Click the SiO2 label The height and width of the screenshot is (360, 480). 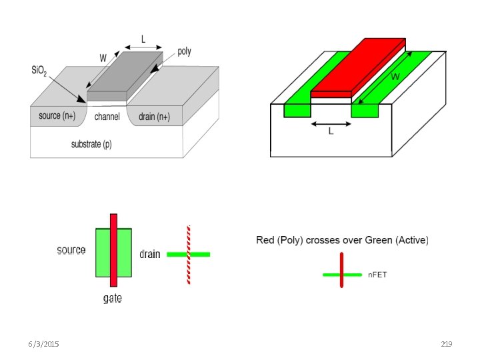click(39, 71)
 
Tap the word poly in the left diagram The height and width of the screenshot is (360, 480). click(184, 51)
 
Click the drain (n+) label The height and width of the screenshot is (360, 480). click(154, 117)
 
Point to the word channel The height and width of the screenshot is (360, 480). click(107, 117)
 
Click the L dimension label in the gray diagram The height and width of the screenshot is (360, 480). click(143, 39)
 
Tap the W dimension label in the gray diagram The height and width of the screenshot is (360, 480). click(103, 58)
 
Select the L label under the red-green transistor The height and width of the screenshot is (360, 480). click(331, 131)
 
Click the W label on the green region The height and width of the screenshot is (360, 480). click(395, 77)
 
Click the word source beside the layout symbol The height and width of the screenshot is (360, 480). click(71, 250)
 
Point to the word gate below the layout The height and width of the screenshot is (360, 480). click(113, 298)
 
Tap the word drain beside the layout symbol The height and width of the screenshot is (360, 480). click(150, 254)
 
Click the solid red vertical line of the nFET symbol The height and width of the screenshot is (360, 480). click(342, 270)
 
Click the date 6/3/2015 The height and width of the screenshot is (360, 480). click(43, 344)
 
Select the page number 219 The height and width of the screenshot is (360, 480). click(447, 344)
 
